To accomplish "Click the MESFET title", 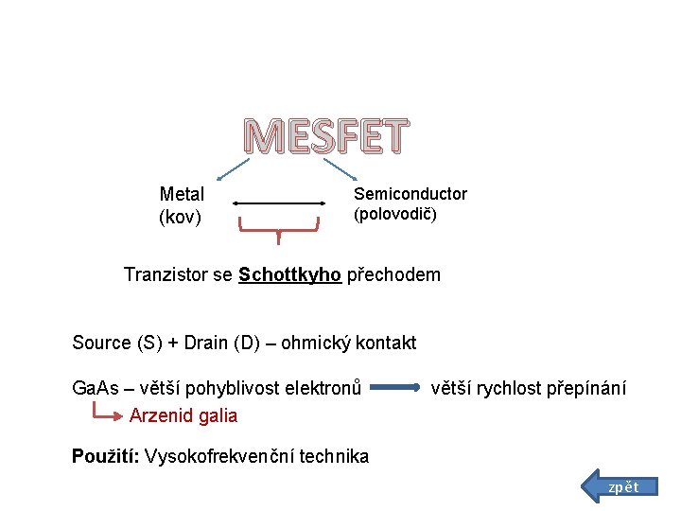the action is (x=325, y=138).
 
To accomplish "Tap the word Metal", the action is (x=182, y=194).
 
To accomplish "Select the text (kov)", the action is (x=180, y=218).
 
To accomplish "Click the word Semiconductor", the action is (x=410, y=194).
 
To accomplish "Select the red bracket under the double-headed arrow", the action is (x=278, y=227).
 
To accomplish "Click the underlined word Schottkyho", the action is (x=289, y=275).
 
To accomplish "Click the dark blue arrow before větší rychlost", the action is (x=396, y=388).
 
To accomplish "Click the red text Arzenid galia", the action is (x=183, y=415).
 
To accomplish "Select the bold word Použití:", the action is (x=106, y=456).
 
